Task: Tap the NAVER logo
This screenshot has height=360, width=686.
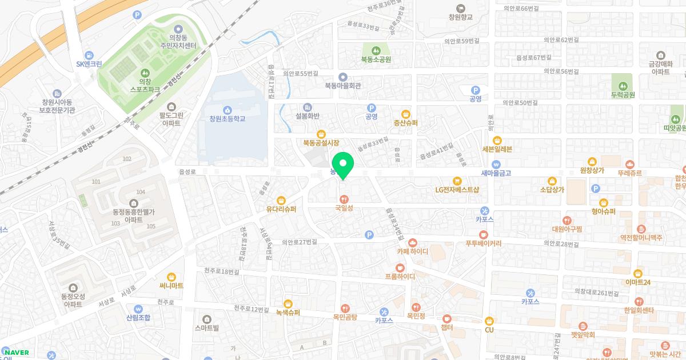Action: point(15,353)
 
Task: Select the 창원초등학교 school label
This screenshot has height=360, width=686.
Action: point(227,118)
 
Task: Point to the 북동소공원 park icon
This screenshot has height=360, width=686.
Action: point(376,50)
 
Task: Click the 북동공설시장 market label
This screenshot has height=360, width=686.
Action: point(321,142)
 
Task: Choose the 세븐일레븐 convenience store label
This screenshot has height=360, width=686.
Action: point(497,149)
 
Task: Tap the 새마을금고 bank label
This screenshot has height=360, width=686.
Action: point(496,173)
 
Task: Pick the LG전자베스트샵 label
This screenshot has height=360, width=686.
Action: point(457,189)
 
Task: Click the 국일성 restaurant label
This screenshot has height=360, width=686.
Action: point(344,208)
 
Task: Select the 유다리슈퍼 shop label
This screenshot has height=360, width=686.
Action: point(281,209)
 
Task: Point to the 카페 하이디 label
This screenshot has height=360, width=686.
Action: point(412,251)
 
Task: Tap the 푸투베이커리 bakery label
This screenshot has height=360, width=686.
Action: point(484,243)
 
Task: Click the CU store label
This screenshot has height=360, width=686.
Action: point(489,330)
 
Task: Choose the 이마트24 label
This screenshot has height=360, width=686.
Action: point(637,282)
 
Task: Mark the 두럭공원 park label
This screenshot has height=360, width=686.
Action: point(623,95)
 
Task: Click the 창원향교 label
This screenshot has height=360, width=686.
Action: point(461,17)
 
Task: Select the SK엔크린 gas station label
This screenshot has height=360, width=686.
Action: point(89,64)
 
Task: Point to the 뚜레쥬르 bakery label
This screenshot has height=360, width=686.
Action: point(629,173)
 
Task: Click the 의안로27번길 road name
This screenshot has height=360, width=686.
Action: point(299,242)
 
